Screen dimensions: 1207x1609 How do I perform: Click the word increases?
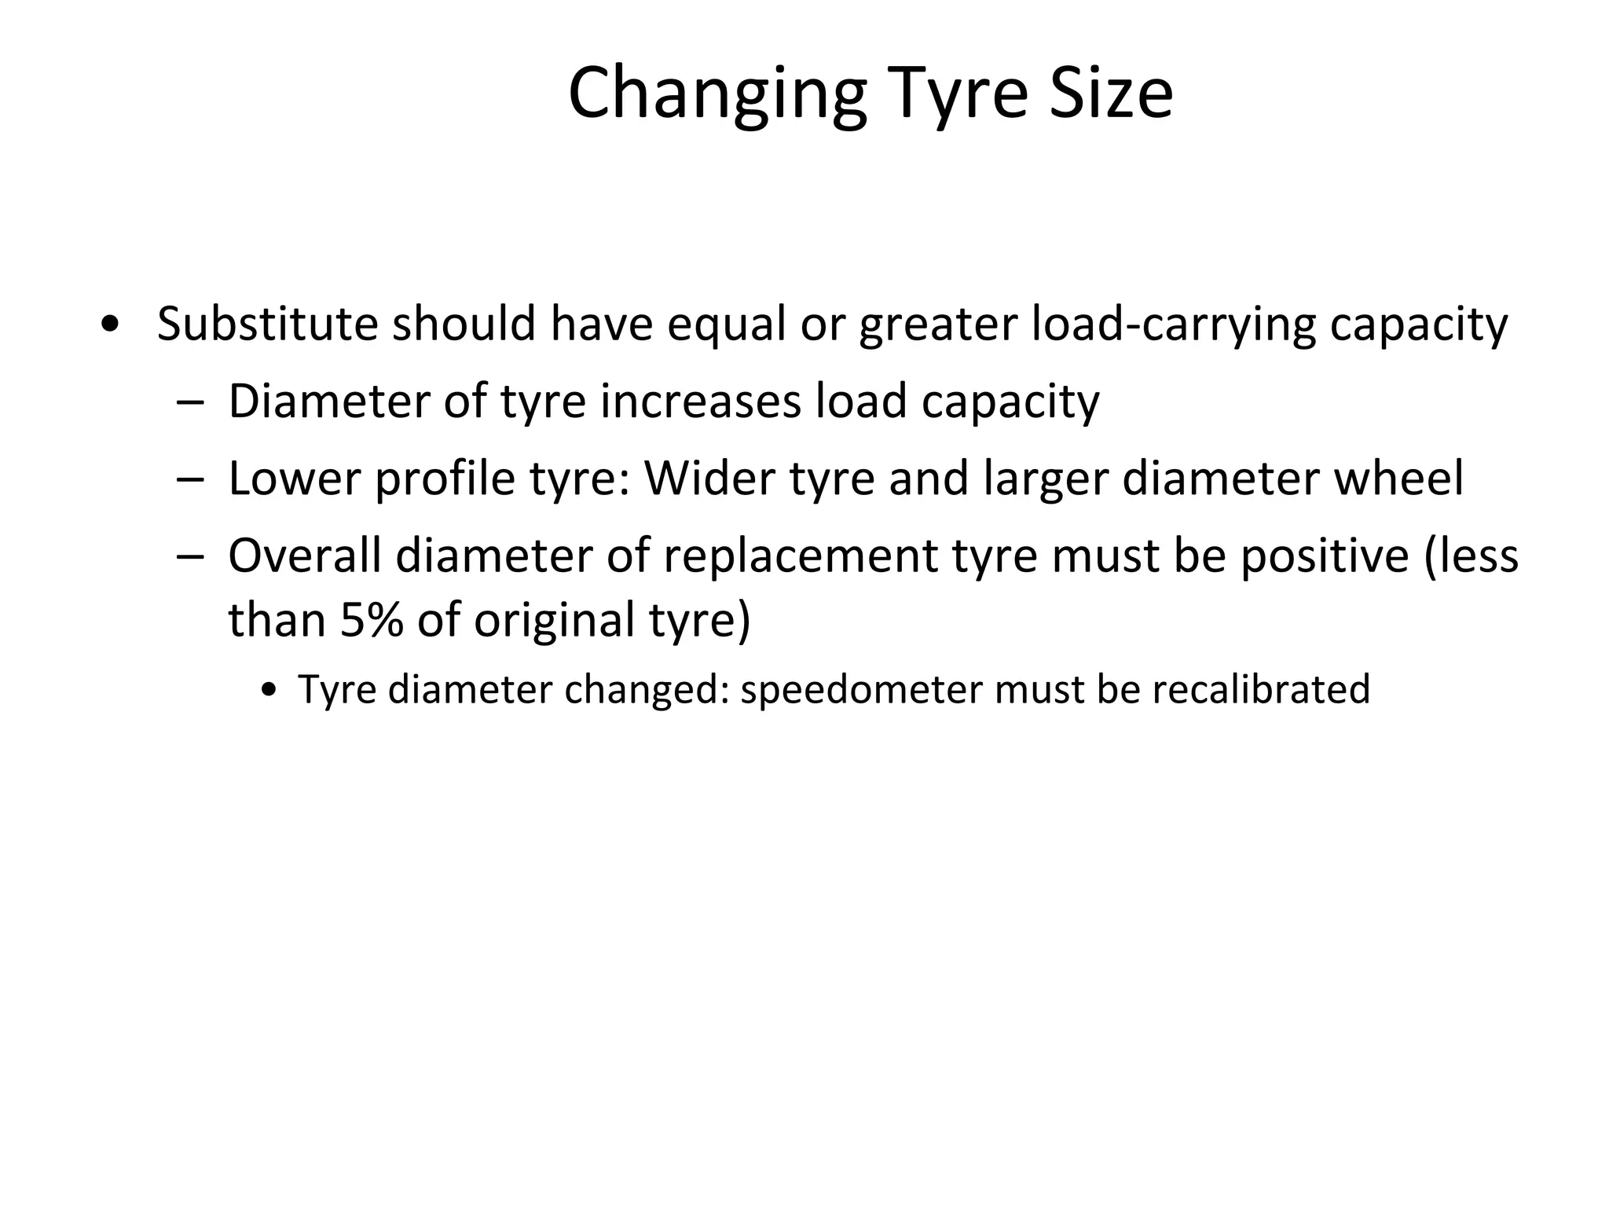click(x=699, y=401)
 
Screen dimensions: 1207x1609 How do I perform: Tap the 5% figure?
click(x=371, y=619)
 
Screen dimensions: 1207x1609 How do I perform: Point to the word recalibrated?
click(x=1261, y=689)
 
